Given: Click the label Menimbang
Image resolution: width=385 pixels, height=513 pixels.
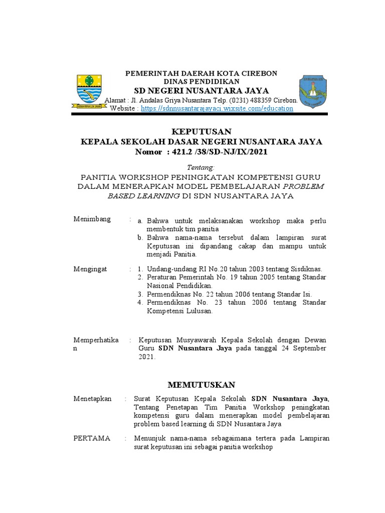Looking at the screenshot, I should pyautogui.click(x=92, y=220).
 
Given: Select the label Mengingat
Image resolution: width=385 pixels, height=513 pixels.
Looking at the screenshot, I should pyautogui.click(x=91, y=269).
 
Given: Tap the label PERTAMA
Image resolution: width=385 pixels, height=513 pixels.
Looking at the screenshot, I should pyautogui.click(x=92, y=438).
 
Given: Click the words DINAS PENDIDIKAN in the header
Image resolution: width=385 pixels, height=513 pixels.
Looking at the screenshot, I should pyautogui.click(x=202, y=81).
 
